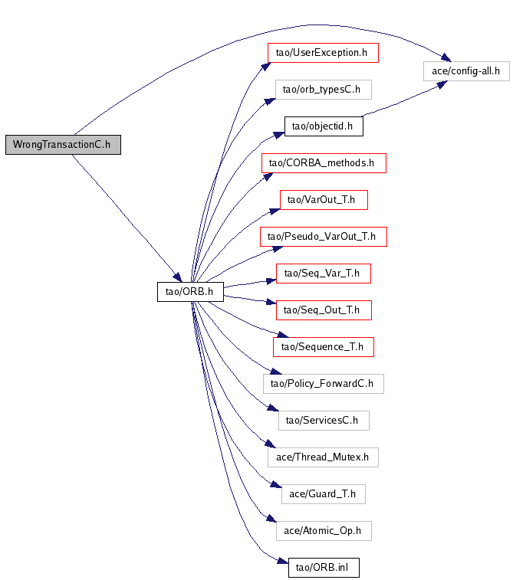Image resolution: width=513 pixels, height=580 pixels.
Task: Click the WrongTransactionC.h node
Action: point(63,145)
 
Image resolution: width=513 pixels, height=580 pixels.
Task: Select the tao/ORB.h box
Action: point(190,292)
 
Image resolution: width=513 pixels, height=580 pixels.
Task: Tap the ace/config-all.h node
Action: point(466,71)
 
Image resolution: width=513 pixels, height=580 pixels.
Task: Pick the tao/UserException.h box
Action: point(323,53)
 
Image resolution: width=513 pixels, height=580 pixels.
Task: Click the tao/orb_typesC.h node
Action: point(324,90)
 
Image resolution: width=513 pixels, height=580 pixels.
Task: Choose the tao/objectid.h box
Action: point(324,126)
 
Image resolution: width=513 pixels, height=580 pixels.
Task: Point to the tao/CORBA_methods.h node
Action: point(324,163)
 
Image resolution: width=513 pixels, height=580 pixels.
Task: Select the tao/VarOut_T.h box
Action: point(324,200)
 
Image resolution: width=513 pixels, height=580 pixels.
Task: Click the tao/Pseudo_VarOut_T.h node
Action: point(324,237)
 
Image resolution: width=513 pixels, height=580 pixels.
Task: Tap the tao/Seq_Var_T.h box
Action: point(324,274)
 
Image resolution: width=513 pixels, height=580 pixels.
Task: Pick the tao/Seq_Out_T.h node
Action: point(324,310)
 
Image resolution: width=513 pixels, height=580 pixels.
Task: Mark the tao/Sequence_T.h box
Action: point(324,347)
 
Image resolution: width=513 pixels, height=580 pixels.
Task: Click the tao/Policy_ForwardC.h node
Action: point(324,384)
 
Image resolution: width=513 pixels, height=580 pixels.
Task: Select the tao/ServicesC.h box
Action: point(324,421)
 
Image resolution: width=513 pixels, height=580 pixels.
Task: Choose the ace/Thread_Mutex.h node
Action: point(323,457)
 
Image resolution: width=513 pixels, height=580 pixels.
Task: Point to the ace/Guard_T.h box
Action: point(324,494)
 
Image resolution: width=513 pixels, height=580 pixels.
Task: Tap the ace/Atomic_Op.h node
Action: point(324,531)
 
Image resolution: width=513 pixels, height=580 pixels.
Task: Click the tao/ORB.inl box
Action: point(324,568)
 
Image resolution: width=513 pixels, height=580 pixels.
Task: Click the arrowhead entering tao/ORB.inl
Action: point(283,561)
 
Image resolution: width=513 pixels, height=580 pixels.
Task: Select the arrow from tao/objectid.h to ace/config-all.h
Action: point(403,100)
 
